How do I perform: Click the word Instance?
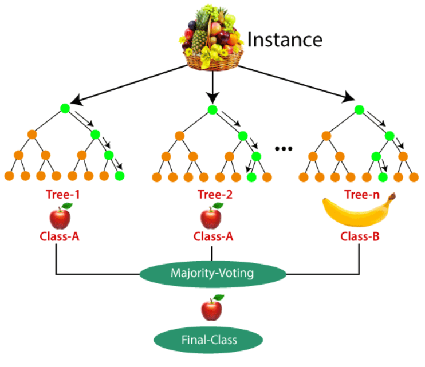pos(285,40)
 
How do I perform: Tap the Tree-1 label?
pos(63,195)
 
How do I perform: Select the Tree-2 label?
pos(213,195)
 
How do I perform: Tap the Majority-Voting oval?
pos(213,273)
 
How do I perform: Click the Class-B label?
pos(360,235)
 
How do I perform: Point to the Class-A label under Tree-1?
pos(60,235)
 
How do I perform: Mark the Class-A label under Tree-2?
pos(213,235)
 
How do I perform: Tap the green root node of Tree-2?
pos(213,109)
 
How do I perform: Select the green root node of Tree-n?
pos(359,109)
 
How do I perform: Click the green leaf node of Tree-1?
pos(119,176)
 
